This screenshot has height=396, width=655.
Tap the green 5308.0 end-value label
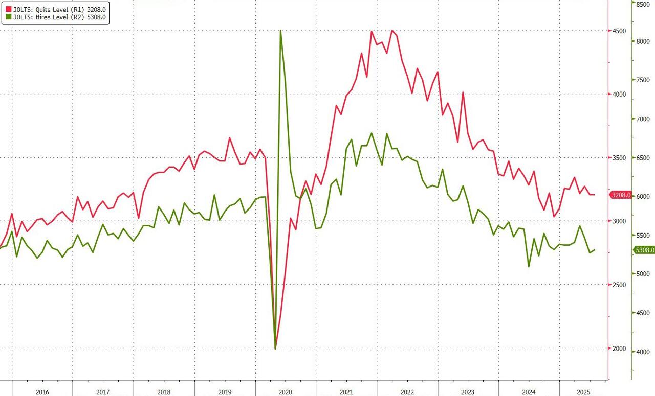point(644,250)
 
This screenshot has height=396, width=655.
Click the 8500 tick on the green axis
point(643,4)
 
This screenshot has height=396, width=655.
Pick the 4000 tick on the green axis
point(643,352)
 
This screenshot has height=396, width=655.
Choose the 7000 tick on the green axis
point(643,119)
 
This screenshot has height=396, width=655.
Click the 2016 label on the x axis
point(42,392)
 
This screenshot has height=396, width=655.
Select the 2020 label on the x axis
point(285,392)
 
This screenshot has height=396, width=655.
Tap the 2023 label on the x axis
point(468,392)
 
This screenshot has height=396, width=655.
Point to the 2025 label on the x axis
point(583,392)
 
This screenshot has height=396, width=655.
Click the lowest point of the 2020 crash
point(276,348)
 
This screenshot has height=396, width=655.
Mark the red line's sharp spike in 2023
point(463,92)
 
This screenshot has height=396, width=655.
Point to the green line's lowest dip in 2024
point(528,266)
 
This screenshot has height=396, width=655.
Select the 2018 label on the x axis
point(164,392)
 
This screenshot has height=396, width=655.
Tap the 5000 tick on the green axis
point(643,274)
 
